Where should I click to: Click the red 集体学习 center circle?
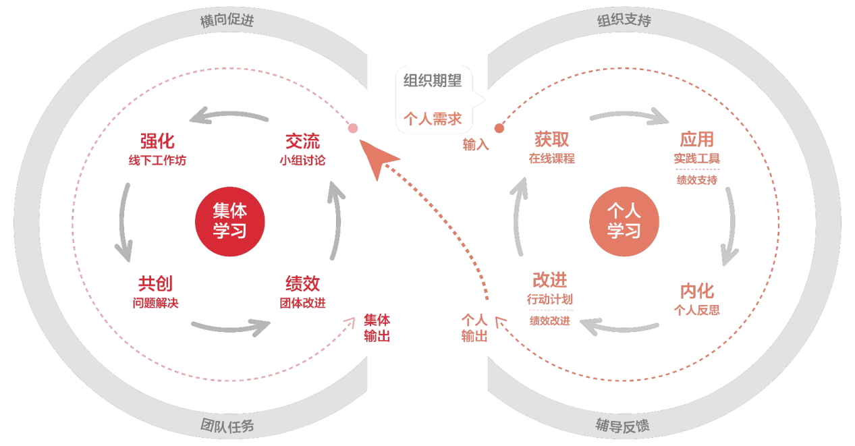(x=229, y=221)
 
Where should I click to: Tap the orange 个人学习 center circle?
(x=624, y=221)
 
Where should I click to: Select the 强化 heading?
(x=157, y=141)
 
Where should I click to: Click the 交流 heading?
(x=302, y=141)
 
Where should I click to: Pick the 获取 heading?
(x=551, y=140)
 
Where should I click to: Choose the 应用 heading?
(x=696, y=140)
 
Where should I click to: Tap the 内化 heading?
(x=696, y=291)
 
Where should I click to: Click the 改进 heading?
(x=549, y=279)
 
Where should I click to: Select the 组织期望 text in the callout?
(x=433, y=81)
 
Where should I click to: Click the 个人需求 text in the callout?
(x=433, y=119)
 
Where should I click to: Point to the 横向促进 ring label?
(x=227, y=21)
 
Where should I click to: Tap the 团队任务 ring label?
(x=227, y=426)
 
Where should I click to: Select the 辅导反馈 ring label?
(x=622, y=426)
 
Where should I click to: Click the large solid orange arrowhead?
(x=379, y=159)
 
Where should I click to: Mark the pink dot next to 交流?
(x=352, y=128)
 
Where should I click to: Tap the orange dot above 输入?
(x=499, y=128)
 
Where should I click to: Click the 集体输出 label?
(x=377, y=328)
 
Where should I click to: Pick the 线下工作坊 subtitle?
(x=157, y=161)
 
